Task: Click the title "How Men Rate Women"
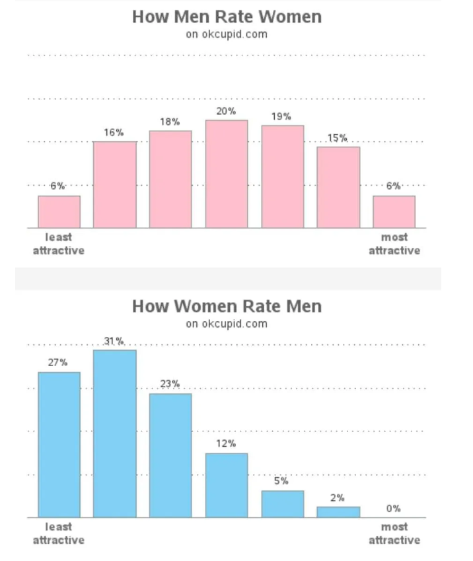coord(227,17)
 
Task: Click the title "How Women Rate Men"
coord(227,306)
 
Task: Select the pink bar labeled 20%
coord(227,174)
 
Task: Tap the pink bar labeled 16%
coord(115,184)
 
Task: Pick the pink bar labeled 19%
coord(283,176)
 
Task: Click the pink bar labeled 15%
coord(338,188)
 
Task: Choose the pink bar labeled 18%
coord(170,179)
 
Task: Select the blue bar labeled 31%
coord(115,433)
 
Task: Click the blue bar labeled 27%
coord(59,445)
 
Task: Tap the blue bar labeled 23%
coord(170,455)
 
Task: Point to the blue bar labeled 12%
coord(227,485)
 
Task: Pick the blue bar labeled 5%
coord(283,504)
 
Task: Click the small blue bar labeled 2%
coord(338,512)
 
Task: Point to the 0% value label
coord(393,508)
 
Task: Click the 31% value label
coord(114,341)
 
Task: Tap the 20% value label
coord(226,111)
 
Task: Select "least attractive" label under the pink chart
coord(59,244)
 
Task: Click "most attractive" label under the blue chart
coord(394,533)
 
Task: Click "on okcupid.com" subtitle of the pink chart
coord(227,34)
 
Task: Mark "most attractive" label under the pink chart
coord(394,244)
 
